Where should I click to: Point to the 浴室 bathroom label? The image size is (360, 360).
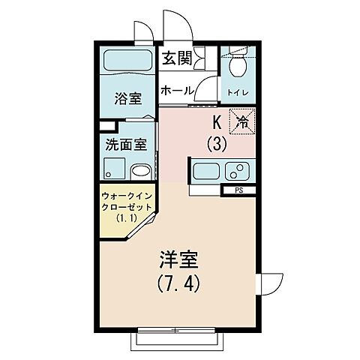[127, 98]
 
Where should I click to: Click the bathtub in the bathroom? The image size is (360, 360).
[127, 61]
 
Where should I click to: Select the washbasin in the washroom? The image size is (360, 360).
[140, 169]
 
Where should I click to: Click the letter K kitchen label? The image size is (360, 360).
[216, 121]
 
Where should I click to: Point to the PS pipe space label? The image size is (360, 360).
[239, 190]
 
